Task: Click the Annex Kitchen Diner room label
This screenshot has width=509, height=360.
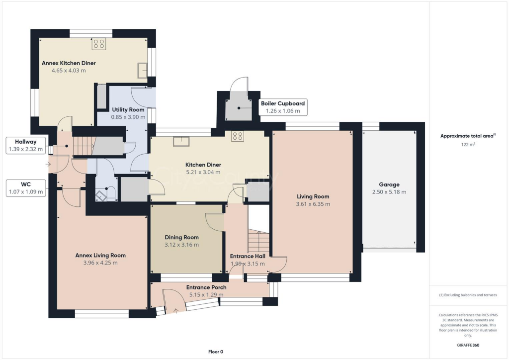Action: coord(69,63)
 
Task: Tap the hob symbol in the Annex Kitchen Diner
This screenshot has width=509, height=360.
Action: coord(98,44)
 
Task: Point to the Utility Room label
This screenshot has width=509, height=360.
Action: coord(128,109)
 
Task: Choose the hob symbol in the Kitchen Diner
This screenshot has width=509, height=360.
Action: coord(237,135)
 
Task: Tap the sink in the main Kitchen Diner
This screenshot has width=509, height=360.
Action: coord(180,141)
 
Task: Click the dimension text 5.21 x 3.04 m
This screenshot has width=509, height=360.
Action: coord(203,173)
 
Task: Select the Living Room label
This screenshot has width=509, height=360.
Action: coord(313,196)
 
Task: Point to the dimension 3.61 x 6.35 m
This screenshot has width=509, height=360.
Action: coord(313,204)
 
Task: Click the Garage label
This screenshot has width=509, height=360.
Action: coord(389,184)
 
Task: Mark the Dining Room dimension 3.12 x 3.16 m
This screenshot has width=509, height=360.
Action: coord(181,245)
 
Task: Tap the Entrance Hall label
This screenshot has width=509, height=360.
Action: coord(247,256)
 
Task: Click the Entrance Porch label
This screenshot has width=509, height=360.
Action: coord(206,287)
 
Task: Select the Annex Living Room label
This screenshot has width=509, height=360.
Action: coord(100,255)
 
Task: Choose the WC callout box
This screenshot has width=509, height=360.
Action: coord(26,187)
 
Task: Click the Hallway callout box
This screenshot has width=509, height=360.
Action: coord(25,145)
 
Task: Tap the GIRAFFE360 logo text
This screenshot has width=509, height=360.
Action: coord(468,345)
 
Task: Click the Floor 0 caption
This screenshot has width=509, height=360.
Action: coord(215,352)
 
